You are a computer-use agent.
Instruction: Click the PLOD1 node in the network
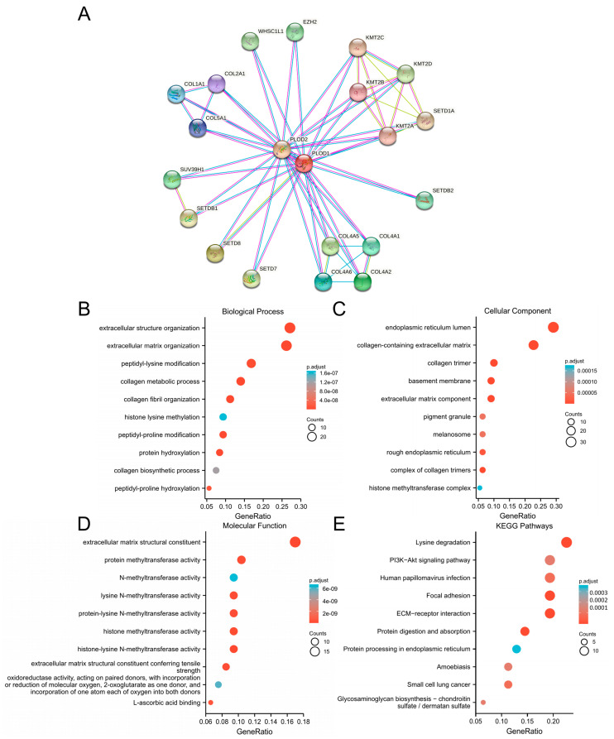tap(303, 164)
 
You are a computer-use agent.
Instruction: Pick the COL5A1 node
tap(197, 128)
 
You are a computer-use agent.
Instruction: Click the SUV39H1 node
tap(171, 179)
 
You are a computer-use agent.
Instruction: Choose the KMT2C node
tap(357, 48)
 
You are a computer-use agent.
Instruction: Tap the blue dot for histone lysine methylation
tap(223, 417)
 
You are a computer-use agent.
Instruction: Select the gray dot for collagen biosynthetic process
tap(216, 470)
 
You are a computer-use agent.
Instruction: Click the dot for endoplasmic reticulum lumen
tap(553, 328)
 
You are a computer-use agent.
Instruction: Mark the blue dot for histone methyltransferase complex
tap(480, 488)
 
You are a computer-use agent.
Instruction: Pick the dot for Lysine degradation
tap(566, 542)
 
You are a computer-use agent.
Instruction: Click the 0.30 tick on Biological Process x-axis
tap(300, 504)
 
